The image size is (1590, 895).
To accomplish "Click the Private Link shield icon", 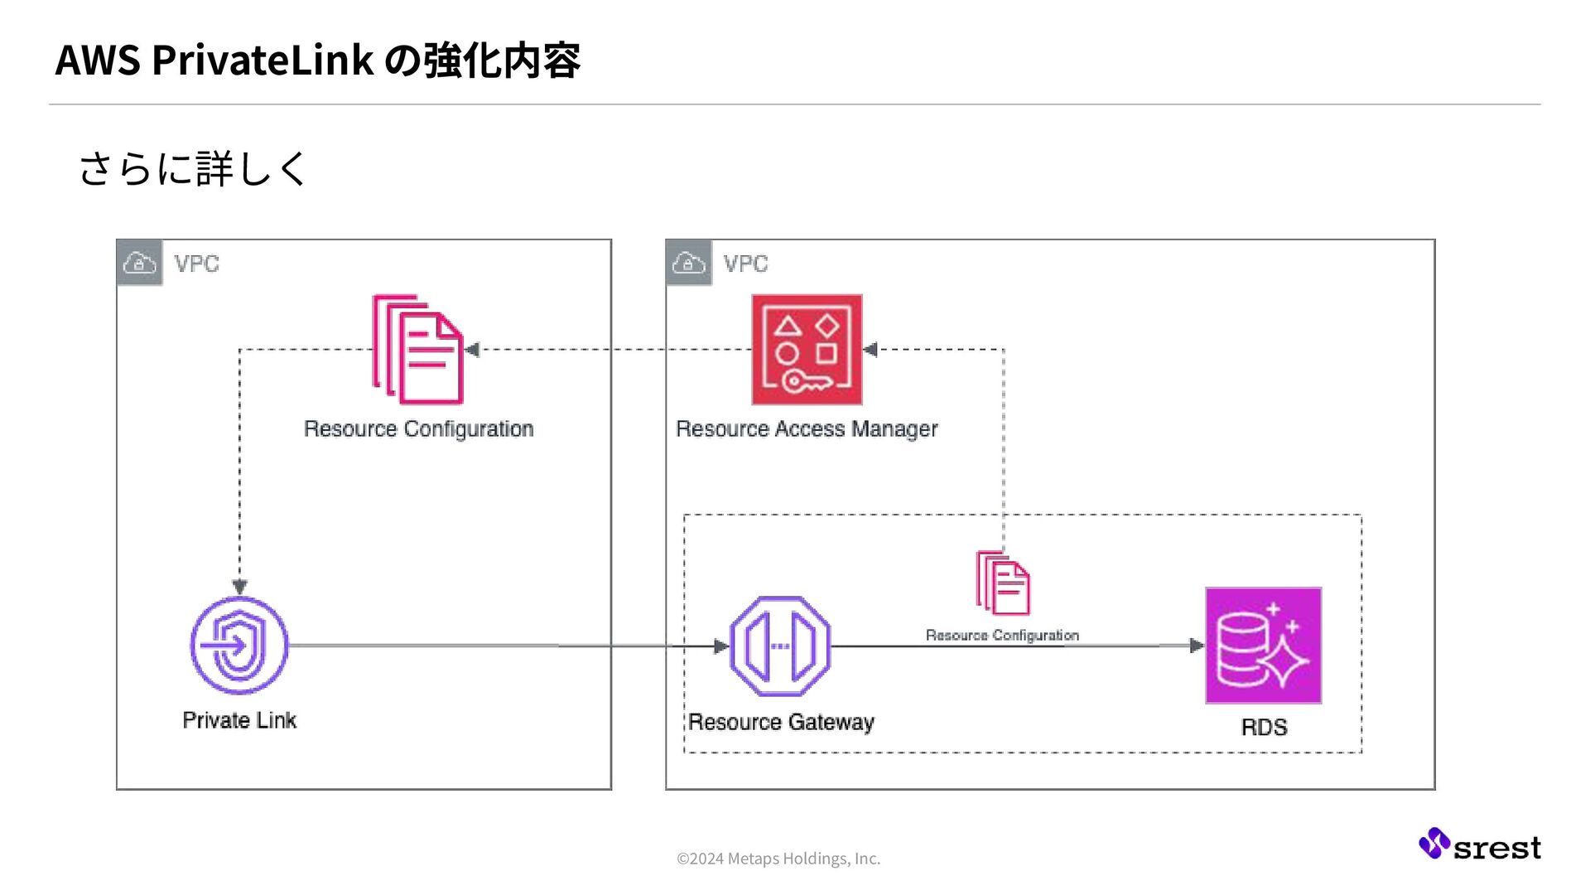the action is [239, 646].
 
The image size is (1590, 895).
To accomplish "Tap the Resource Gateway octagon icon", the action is [780, 646].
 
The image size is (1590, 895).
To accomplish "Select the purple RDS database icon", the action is [1263, 646].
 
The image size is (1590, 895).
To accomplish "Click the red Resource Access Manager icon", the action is [807, 350].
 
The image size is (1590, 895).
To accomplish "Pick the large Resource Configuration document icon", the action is [417, 350].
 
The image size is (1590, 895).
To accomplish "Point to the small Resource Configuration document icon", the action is [1003, 583].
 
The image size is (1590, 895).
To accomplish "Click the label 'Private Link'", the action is [239, 720].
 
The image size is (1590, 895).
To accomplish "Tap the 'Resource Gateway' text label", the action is [781, 723].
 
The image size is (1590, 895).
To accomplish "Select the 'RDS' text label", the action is [1264, 728].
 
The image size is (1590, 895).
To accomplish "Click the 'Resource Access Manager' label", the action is [807, 429].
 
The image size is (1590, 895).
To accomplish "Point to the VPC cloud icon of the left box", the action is [139, 263].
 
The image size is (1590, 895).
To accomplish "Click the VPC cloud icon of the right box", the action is [688, 263].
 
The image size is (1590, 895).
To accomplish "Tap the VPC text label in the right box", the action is [745, 264].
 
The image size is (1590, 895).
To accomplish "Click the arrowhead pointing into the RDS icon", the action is [1197, 646].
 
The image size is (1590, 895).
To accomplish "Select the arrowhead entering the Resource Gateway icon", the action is [721, 646].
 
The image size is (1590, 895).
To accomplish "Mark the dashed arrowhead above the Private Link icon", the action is [240, 588].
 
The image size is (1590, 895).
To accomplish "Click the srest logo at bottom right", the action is [1480, 844].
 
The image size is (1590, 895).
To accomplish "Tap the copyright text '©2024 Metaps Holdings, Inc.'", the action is [778, 859].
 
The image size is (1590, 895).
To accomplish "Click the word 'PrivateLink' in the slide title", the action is [263, 60].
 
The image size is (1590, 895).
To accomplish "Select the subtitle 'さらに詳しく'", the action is [192, 168].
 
